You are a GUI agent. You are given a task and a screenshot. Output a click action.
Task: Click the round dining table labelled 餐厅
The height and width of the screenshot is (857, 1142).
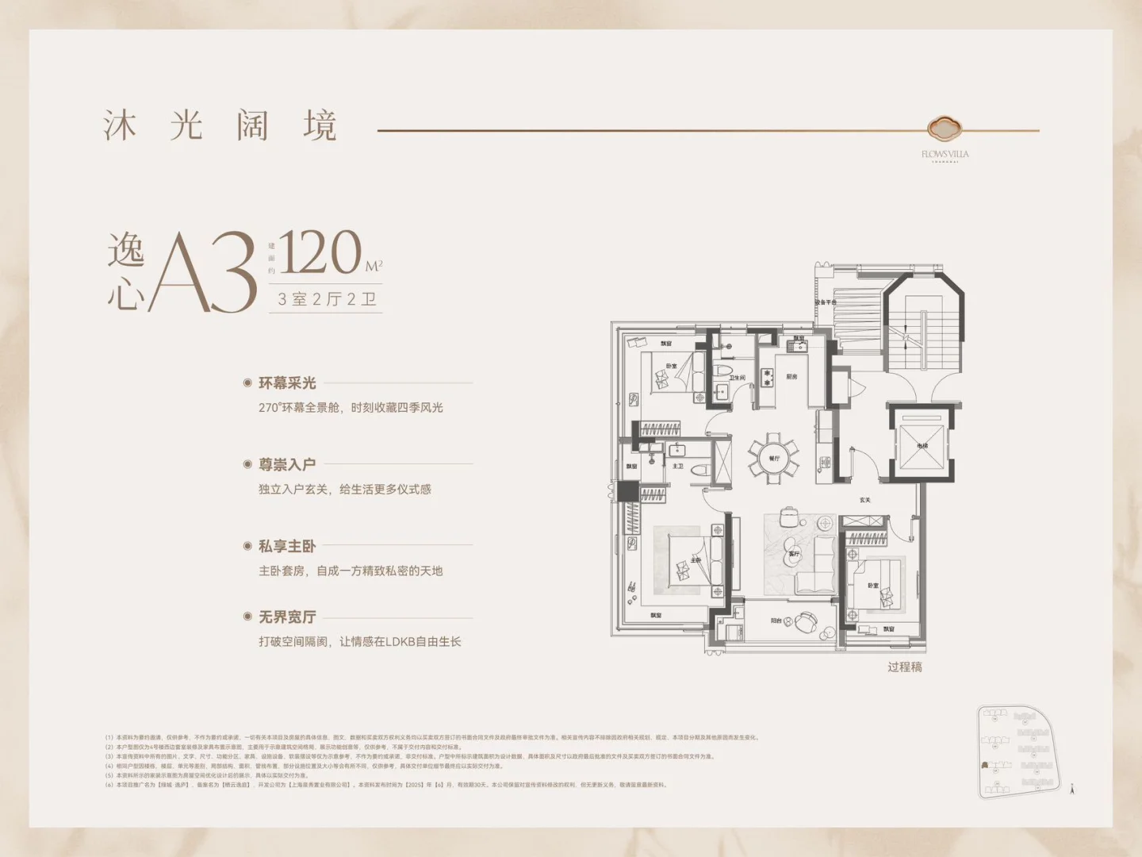pos(773,458)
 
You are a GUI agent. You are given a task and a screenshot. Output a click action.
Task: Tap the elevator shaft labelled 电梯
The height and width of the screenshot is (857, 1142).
pos(922,445)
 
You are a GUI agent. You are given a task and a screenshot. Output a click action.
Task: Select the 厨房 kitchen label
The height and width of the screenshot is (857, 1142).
pos(791,377)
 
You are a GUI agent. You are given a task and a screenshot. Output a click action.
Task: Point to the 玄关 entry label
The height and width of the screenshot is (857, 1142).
pos(864,500)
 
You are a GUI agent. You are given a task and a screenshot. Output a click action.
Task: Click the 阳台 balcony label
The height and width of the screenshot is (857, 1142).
pos(776,621)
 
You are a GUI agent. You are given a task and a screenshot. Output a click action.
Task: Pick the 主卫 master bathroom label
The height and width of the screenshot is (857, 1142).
pos(678,467)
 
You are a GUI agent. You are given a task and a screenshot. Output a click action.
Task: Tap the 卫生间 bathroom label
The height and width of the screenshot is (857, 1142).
pos(737,379)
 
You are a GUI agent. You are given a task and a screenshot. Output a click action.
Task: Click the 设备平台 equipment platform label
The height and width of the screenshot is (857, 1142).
pos(826,302)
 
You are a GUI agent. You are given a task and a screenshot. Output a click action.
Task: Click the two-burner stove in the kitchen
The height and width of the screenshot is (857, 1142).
pos(767,378)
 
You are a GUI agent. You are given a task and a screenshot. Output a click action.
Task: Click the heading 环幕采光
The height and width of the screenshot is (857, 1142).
pos(287,383)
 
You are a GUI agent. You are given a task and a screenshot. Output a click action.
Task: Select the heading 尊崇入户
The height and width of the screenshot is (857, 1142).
pos(287,465)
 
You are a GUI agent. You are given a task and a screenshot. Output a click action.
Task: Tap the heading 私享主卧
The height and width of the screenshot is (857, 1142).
pos(287,546)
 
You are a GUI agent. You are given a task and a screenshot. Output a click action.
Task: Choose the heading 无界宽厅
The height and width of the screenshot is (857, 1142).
pos(287,617)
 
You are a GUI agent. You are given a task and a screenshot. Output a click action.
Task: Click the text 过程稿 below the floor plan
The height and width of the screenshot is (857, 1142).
pos(905,667)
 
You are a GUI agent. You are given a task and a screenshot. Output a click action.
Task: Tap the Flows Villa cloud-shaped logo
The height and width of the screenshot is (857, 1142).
pos(945,128)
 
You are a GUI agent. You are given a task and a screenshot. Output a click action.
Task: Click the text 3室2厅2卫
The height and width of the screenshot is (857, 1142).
pos(326,299)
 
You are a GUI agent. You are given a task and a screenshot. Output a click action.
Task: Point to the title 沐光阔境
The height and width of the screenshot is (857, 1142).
pos(220,126)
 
